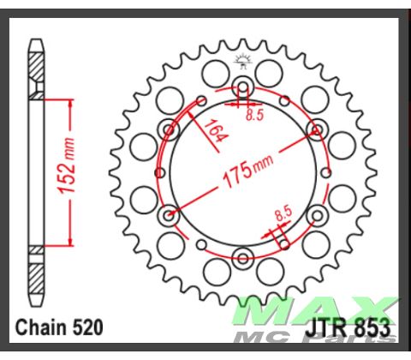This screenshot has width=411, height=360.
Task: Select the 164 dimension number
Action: click(x=213, y=132)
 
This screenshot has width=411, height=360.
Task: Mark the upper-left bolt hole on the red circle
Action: click(x=169, y=129)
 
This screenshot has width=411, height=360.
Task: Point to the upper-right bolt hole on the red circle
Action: click(x=318, y=129)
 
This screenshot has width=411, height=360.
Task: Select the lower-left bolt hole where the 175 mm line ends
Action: click(x=169, y=213)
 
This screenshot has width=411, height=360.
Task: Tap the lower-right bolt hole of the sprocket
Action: click(x=318, y=213)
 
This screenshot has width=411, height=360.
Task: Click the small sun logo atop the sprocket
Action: click(x=243, y=59)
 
